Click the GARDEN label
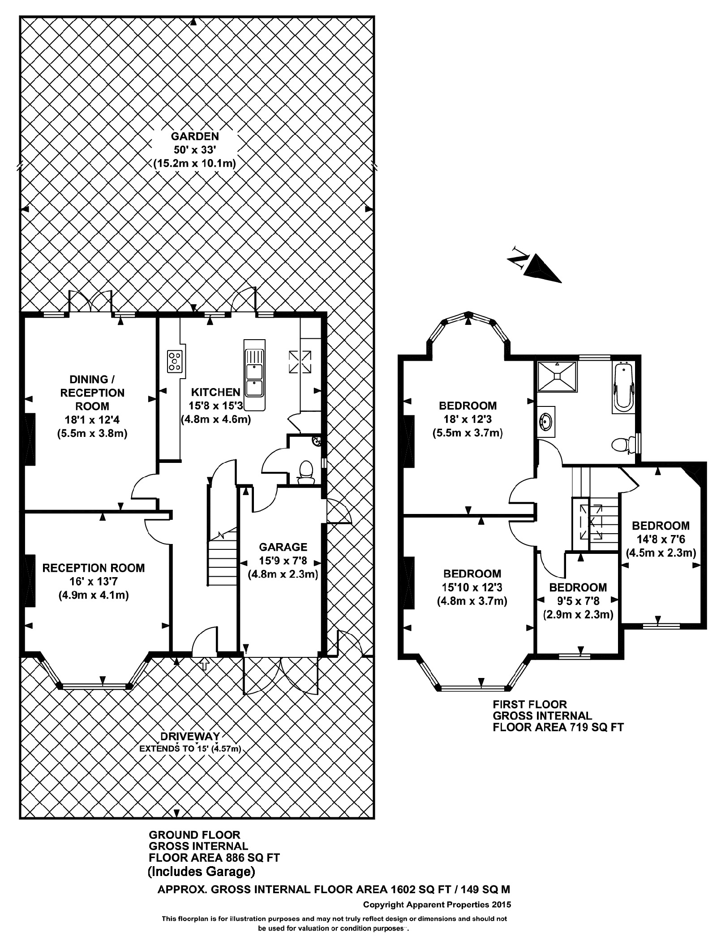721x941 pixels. tap(194, 136)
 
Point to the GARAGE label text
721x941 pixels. tap(283, 547)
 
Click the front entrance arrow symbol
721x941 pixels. tap(205, 664)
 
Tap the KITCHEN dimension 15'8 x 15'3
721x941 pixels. tap(216, 406)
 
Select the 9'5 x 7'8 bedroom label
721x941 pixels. tap(578, 601)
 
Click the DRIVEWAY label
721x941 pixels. tap(190, 736)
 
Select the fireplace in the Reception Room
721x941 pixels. tap(30, 581)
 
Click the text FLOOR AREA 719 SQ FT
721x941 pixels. tap(558, 727)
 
